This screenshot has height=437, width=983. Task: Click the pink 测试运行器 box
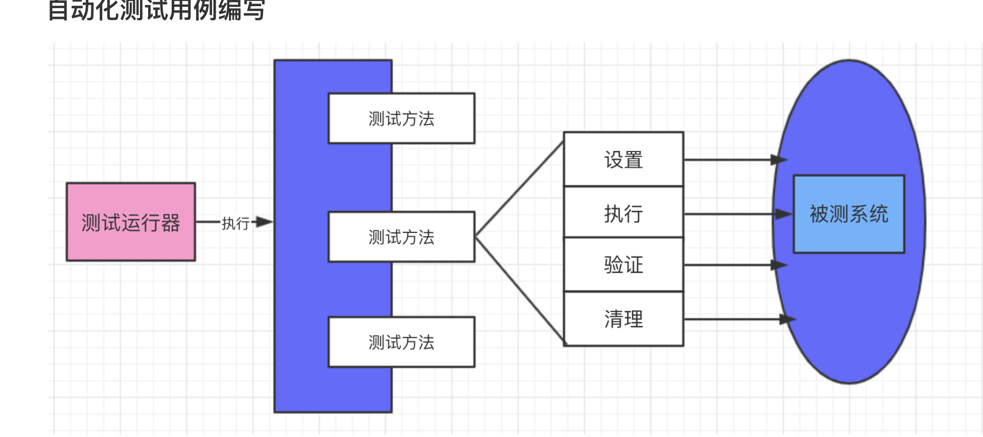pos(131,222)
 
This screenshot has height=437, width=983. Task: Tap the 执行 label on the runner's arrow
pos(235,223)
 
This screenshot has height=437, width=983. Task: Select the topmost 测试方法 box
pos(401,118)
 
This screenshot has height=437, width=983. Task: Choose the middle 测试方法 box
pos(401,237)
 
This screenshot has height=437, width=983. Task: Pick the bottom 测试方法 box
pos(401,342)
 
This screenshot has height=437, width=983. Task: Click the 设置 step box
pos(623,160)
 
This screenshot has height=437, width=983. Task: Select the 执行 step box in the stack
pos(623,213)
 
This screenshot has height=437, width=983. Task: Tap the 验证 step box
pos(623,265)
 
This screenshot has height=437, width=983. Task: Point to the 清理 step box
pos(623,319)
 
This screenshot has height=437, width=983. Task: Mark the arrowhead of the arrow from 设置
pos(779,160)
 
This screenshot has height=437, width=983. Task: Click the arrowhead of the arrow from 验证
pos(779,265)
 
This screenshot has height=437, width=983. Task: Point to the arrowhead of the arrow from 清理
pos(787,319)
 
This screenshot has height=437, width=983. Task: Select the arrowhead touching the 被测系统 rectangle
pos(784,214)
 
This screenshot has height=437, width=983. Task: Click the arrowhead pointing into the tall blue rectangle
pos(264,222)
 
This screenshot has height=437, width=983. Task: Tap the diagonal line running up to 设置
pos(519,189)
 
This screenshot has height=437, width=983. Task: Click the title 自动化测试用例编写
pos(156,10)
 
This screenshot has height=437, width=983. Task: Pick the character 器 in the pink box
pos(170,223)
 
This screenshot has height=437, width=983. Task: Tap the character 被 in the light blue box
pos(819,214)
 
